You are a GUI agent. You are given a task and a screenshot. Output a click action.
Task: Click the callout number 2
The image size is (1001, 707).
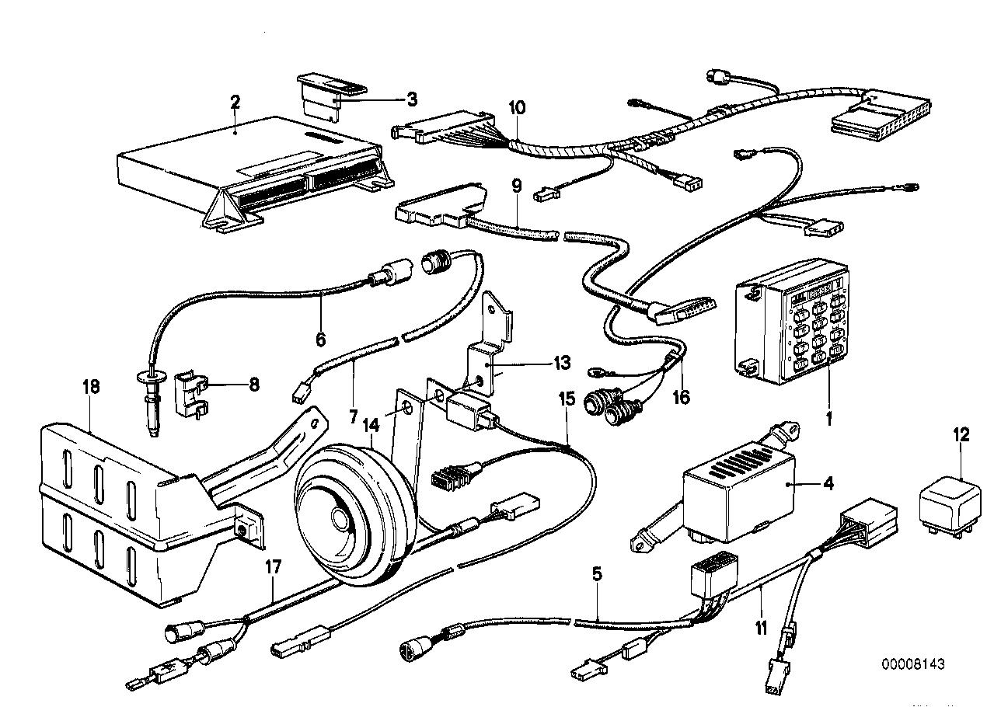235,101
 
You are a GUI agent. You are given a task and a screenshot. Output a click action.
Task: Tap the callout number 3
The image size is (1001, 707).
411,99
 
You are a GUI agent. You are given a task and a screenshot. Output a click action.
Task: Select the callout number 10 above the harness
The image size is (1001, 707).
518,106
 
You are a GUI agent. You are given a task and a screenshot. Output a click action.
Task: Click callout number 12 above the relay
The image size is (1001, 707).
961,435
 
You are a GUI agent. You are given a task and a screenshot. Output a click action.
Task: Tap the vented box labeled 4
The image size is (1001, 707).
738,489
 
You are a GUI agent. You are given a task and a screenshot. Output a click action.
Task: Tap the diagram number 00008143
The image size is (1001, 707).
912,664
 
